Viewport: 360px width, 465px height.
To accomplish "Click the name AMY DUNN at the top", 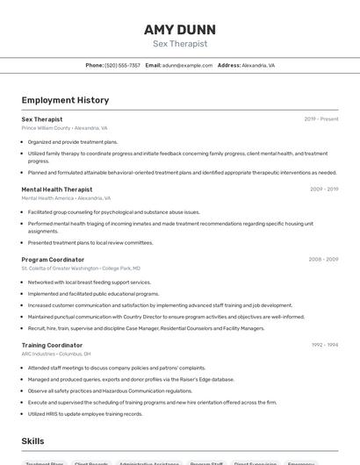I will coord(179,29).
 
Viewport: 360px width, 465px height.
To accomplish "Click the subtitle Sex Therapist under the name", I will coord(179,43).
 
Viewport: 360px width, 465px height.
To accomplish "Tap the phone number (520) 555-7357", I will coord(122,65).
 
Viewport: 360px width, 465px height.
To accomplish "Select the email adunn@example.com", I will coord(186,65).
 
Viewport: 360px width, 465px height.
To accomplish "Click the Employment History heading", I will coord(65,100).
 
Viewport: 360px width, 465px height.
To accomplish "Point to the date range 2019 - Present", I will coord(320,118).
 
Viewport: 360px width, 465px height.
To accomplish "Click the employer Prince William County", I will coord(46,128).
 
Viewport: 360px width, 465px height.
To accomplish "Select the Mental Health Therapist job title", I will coord(56,189).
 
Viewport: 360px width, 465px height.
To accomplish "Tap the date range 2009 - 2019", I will coord(323,189).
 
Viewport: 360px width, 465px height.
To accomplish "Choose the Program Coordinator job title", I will coord(53,260).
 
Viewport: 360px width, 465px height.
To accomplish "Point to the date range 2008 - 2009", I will coord(323,260).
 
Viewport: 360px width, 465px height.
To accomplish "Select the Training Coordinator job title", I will coord(52,345).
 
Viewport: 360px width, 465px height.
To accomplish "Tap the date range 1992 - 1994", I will coord(323,345).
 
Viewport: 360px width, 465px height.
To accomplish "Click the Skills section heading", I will coord(32,441).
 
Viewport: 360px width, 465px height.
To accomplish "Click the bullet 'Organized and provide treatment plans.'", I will coord(73,141).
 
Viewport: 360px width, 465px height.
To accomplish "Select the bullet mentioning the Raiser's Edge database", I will coord(131,379).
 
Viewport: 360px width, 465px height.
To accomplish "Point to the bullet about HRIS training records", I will coord(86,413).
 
